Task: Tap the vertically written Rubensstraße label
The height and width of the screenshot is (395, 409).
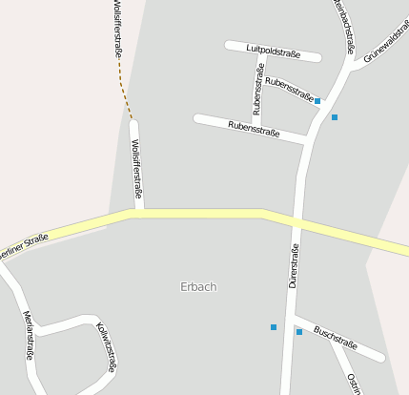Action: (x=257, y=89)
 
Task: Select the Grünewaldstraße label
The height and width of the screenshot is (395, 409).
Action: (x=385, y=52)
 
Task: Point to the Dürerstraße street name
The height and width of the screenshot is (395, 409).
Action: (x=295, y=266)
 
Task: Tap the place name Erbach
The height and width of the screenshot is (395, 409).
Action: (x=198, y=286)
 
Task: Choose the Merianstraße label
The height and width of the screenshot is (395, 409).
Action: (x=30, y=335)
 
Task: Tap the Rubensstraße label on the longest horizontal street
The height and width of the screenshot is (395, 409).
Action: (x=254, y=127)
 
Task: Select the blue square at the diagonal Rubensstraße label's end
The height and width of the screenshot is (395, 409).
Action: (x=317, y=100)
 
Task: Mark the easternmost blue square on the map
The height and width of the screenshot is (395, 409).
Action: (x=335, y=116)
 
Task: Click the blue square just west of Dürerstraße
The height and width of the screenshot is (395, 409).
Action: (x=274, y=327)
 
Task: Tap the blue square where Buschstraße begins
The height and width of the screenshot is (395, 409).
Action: (x=299, y=332)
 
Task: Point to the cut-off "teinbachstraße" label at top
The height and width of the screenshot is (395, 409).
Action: (x=345, y=23)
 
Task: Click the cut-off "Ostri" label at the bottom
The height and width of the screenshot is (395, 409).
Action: (x=353, y=385)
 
